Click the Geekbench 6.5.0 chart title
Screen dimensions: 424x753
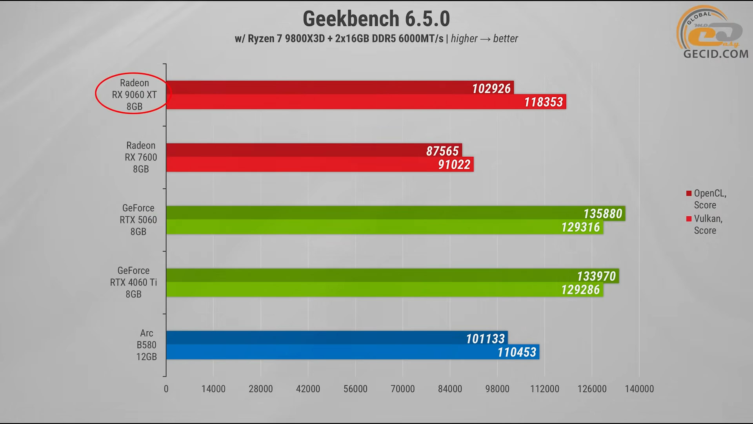click(x=376, y=19)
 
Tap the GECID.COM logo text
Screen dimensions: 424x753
click(x=716, y=54)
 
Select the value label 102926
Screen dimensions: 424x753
click(x=491, y=89)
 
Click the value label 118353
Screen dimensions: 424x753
click(x=544, y=102)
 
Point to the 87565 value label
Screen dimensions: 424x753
click(x=442, y=151)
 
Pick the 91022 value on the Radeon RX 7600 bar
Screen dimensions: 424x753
click(x=454, y=164)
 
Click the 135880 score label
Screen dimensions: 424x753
click(x=602, y=214)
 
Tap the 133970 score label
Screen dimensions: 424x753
click(x=596, y=276)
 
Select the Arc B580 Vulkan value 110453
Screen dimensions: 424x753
click(x=517, y=352)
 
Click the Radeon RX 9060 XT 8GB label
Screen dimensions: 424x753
click(x=134, y=95)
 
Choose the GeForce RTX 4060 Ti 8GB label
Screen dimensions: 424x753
click(x=133, y=282)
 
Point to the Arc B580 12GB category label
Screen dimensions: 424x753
click(x=146, y=345)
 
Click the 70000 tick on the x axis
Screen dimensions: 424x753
click(x=402, y=389)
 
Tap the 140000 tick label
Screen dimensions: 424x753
click(x=639, y=389)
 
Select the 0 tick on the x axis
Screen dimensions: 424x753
click(x=166, y=389)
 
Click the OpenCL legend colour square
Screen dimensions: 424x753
click(x=689, y=193)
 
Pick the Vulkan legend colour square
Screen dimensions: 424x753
click(x=689, y=219)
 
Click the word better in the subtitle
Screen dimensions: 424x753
click(x=506, y=38)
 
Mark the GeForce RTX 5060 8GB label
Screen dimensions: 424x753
click(x=138, y=220)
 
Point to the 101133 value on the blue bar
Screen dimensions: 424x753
click(x=485, y=339)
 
